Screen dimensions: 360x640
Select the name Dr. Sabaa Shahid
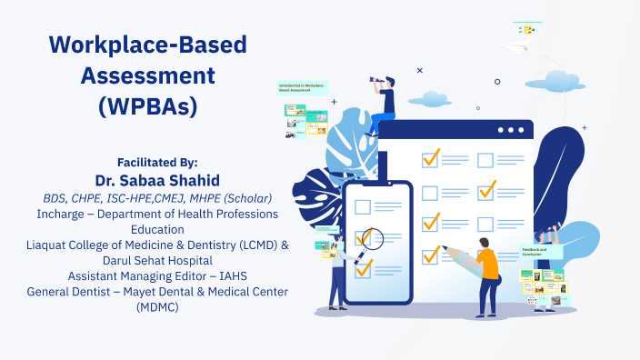(x=157, y=179)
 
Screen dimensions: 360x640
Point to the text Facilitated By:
(x=157, y=161)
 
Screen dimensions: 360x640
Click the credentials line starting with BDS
(x=157, y=197)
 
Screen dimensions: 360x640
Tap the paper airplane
(x=520, y=47)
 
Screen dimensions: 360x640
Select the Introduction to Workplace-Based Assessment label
(x=302, y=88)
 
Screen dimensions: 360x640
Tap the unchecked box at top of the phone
(x=363, y=206)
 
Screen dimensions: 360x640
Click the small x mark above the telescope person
(x=419, y=70)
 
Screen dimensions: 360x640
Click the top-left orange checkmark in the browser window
(x=430, y=158)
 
